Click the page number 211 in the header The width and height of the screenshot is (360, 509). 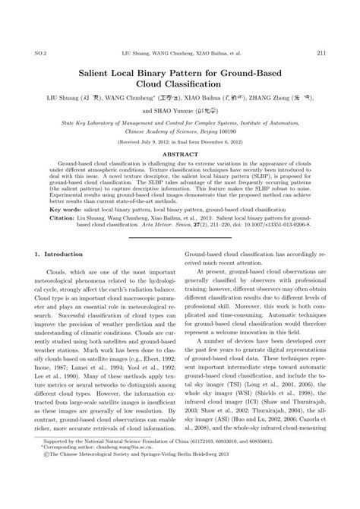coord(321,52)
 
